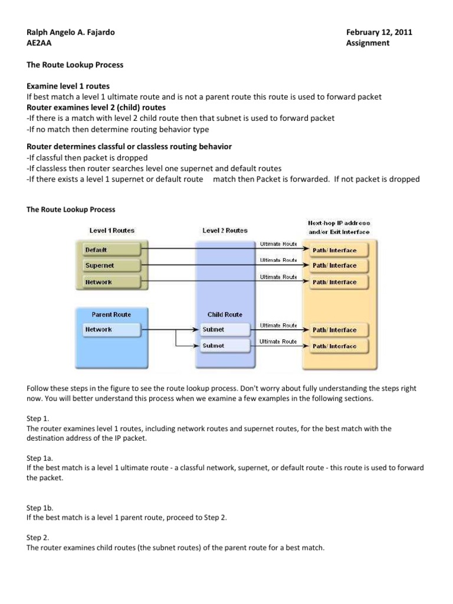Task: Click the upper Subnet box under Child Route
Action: coord(224,329)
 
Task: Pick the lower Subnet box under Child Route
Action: coord(224,346)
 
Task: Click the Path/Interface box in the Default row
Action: coord(334,250)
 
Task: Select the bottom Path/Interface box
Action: coord(334,346)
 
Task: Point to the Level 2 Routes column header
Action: coord(225,231)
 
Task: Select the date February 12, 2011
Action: coord(379,32)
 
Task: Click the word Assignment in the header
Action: coord(367,43)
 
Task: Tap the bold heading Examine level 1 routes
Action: coord(68,86)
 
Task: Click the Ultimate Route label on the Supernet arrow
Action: coord(277,260)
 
